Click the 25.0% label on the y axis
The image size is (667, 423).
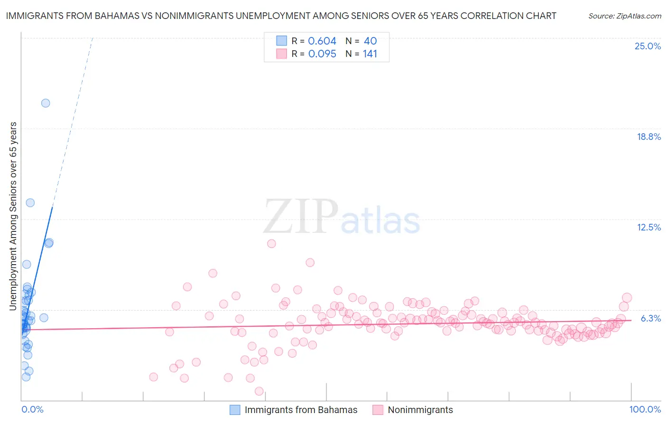(648, 46)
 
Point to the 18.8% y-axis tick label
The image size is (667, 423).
(648, 137)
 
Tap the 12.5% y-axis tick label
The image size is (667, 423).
(648, 227)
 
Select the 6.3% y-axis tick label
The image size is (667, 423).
(651, 318)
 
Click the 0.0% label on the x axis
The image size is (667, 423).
(32, 409)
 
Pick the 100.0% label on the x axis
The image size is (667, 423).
(645, 409)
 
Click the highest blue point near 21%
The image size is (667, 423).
(46, 103)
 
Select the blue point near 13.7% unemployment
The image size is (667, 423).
(30, 202)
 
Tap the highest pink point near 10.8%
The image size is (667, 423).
(271, 243)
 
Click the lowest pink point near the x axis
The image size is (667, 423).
(259, 391)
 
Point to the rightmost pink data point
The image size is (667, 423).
(627, 298)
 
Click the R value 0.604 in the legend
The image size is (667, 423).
(322, 41)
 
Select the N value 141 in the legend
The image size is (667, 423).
(370, 54)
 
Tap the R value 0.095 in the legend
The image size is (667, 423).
(322, 54)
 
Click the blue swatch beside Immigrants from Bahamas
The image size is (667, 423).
(235, 410)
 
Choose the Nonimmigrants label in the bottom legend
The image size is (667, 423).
(420, 410)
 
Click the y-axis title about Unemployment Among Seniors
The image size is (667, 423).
(13, 216)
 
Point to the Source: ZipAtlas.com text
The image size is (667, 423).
(624, 16)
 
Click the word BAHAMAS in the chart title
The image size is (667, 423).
(118, 16)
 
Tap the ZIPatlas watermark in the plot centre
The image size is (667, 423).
(342, 217)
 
